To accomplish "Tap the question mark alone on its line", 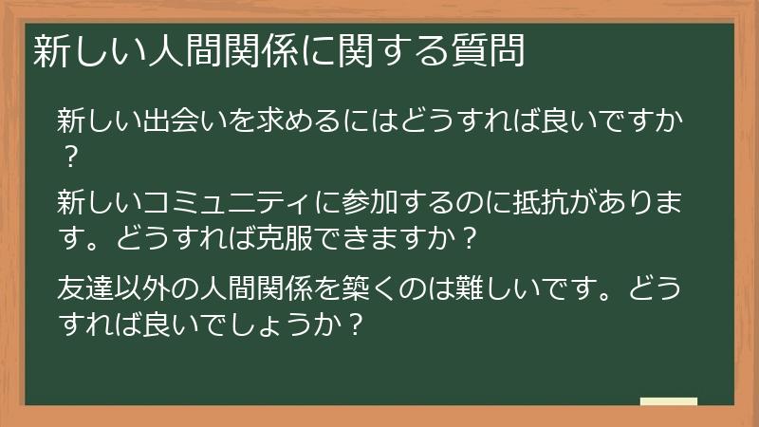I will click(68, 155).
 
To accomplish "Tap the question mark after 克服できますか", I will click(464, 235).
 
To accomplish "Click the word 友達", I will click(85, 288).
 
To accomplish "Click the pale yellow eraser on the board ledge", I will click(668, 401).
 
